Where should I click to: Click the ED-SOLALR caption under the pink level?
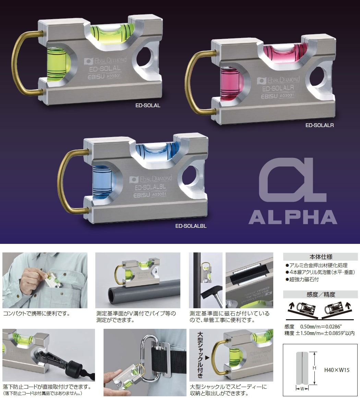pyautogui.click(x=319, y=125)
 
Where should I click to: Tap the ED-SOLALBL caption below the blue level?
pyautogui.click(x=191, y=226)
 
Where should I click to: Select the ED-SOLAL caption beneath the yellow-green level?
pyautogui.click(x=148, y=105)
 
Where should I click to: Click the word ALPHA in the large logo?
pyautogui.click(x=293, y=217)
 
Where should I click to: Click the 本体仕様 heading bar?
pyautogui.click(x=321, y=257)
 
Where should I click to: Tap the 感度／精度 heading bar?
pyautogui.click(x=321, y=294)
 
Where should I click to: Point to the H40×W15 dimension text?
pyautogui.click(x=337, y=370)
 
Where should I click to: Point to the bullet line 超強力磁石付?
pyautogui.click(x=302, y=279)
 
